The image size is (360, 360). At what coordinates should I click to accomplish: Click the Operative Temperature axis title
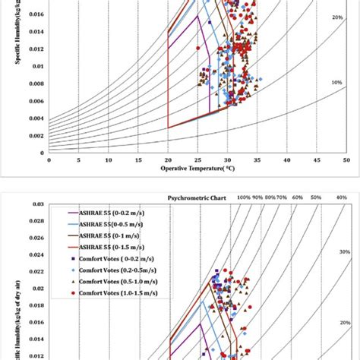[x=197, y=169]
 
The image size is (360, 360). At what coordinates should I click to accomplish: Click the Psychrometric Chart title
[x=197, y=197]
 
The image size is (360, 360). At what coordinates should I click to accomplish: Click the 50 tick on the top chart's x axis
[x=346, y=159]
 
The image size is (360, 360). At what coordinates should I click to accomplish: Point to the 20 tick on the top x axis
[x=167, y=159]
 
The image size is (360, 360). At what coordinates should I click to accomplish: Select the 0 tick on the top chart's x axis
[x=49, y=159]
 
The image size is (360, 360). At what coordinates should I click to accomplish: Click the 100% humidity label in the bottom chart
[x=243, y=197]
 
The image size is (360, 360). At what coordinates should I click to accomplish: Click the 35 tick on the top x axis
[x=257, y=159]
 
